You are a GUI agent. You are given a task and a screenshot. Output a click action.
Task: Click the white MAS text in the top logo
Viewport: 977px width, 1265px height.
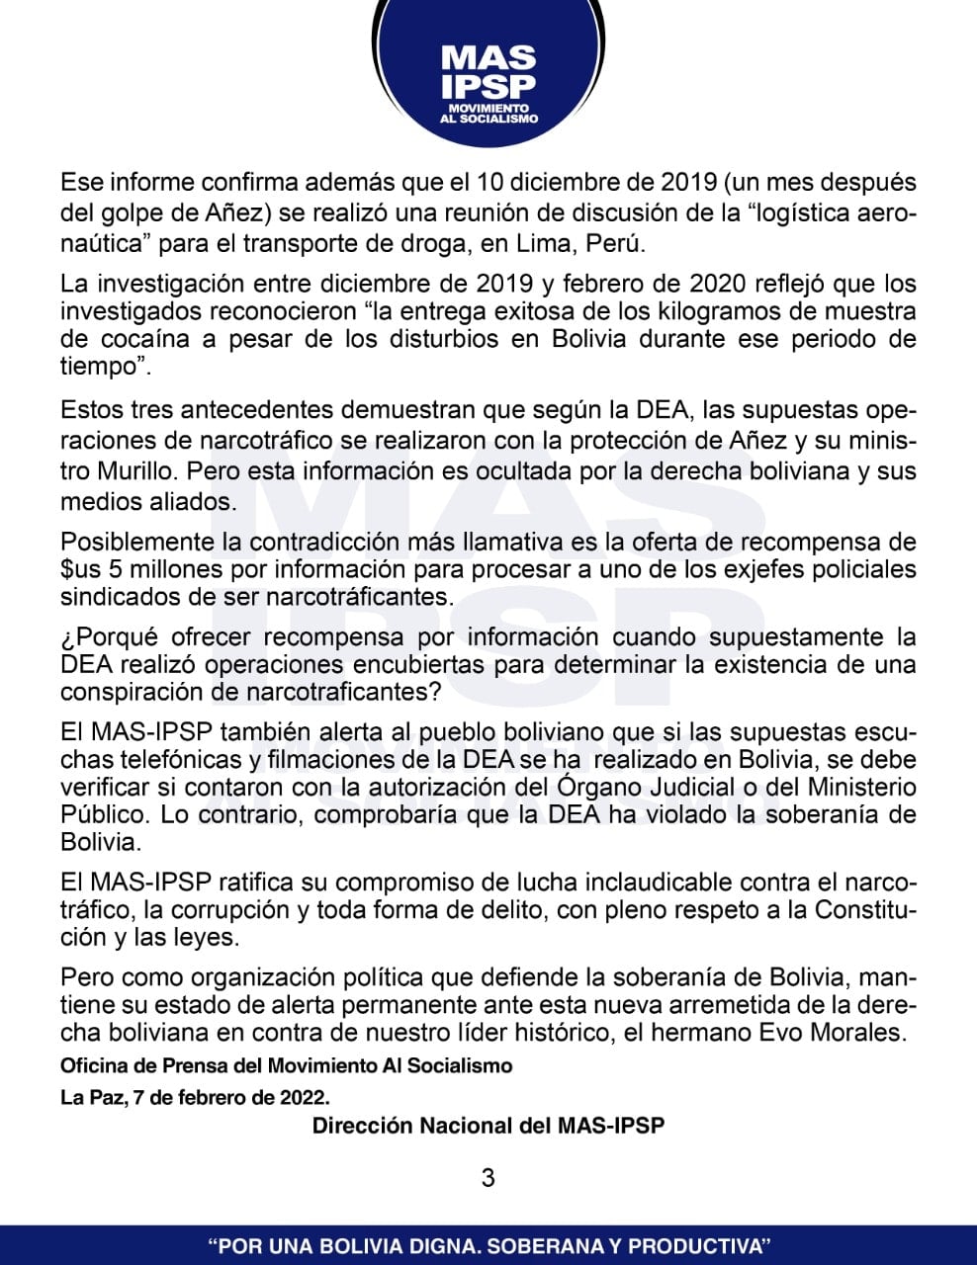point(488,57)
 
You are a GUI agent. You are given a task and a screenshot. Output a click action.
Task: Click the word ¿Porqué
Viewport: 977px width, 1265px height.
point(111,636)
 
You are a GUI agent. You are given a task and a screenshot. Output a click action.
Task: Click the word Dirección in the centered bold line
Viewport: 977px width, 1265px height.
point(361,1126)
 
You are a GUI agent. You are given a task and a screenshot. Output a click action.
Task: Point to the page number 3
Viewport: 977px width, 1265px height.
point(488,1177)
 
